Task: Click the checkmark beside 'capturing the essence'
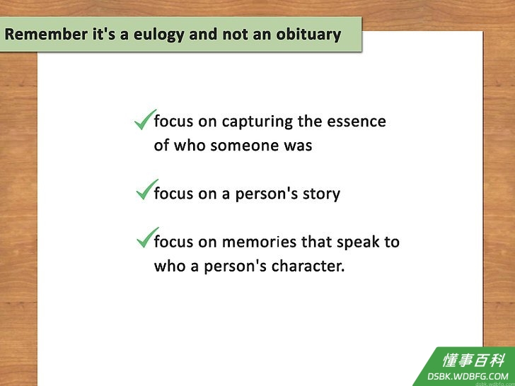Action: [145, 119]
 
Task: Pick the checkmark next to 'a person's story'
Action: [147, 189]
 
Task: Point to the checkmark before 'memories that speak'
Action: [148, 238]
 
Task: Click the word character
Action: [308, 267]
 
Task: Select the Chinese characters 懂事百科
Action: [474, 361]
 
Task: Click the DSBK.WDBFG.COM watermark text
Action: [468, 376]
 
